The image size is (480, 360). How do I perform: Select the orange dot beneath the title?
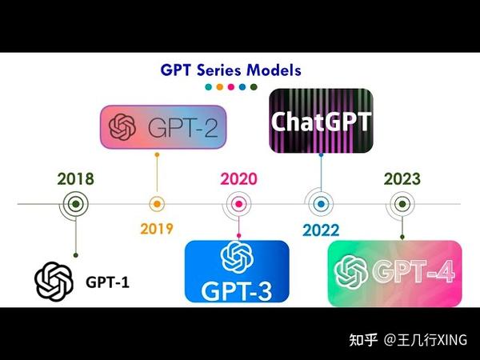[219, 86]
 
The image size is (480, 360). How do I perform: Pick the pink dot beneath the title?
[230, 86]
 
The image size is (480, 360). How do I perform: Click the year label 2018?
[75, 179]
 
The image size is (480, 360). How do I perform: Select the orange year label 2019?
[157, 229]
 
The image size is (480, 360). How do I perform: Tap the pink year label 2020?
[238, 179]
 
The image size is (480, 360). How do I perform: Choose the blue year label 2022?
[321, 230]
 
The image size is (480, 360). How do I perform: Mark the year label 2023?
[402, 179]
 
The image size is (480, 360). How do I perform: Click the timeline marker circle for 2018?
[75, 204]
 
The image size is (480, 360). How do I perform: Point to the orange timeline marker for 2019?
[157, 204]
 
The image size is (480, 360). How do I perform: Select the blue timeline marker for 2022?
[321, 204]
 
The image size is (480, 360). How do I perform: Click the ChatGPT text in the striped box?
[322, 122]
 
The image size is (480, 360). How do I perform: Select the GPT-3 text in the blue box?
[237, 288]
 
